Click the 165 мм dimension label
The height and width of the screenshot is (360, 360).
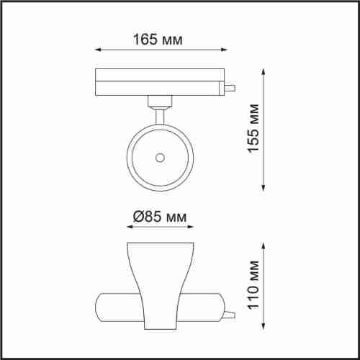point(158,39)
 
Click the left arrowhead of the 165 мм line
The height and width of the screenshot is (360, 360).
point(99,50)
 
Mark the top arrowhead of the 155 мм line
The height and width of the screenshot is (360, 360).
point(265,71)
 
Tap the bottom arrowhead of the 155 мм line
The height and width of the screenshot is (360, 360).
point(265,189)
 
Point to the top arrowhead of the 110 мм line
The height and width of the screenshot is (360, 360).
point(265,245)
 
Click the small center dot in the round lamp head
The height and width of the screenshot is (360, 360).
point(158,156)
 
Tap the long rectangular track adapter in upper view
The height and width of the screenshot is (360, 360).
point(158,81)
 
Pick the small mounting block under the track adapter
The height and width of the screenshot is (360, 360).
point(158,102)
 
